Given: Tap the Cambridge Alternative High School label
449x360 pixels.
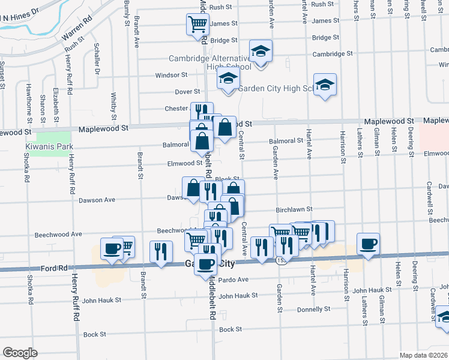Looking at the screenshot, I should tap(209, 62).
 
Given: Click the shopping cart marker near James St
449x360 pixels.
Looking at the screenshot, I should tap(197, 25).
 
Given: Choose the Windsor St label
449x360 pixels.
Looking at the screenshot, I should tap(171, 75).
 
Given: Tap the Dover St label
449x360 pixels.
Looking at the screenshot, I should tap(187, 92).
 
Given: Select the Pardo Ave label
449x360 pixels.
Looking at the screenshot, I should tap(234, 280).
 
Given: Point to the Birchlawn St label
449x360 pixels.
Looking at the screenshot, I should tap(294, 209).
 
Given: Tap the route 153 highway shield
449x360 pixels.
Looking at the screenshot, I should tap(280, 261).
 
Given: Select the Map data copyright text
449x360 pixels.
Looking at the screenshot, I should tap(423, 355).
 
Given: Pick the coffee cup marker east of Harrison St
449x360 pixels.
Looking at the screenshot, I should tap(368, 244).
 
